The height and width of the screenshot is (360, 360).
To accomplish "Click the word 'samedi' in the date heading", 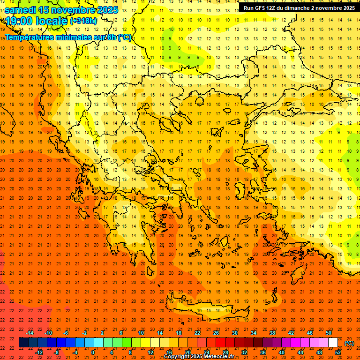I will click(x=20, y=9).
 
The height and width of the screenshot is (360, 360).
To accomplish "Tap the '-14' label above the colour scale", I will click(x=30, y=333).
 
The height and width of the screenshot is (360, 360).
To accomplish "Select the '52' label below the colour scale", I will click(x=338, y=352).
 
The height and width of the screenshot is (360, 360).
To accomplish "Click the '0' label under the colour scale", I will click(x=93, y=352).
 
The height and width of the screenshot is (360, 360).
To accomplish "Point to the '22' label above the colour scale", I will click(x=197, y=333).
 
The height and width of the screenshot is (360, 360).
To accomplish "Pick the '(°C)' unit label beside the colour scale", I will click(x=349, y=343).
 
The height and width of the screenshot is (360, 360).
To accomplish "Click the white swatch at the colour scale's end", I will click(x=333, y=343).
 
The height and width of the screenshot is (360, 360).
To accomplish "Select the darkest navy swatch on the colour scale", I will click(x=23, y=343).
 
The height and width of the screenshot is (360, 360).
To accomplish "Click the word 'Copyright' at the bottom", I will click(x=176, y=357).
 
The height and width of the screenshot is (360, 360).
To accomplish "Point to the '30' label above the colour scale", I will click(x=235, y=333).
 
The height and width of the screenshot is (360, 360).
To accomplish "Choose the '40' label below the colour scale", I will click(x=282, y=352).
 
